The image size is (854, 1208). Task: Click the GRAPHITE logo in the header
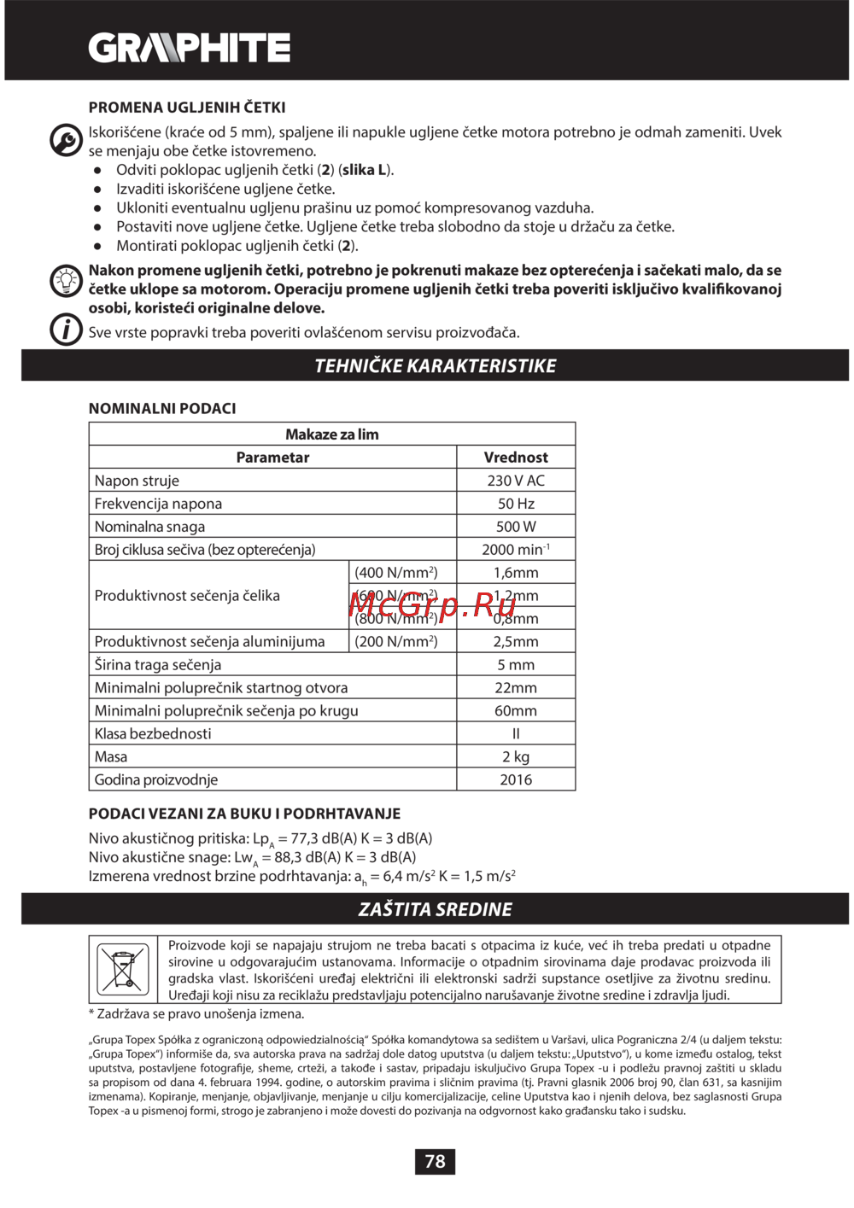coord(190,48)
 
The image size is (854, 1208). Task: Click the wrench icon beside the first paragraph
coord(66,140)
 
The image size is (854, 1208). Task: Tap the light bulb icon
coord(66,280)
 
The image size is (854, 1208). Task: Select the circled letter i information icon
coord(66,330)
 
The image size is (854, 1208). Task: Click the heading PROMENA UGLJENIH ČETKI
coord(187,108)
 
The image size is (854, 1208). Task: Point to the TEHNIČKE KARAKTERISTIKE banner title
coord(435,366)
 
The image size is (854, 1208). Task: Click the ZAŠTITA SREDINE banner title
coord(435,909)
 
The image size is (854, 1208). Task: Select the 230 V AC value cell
coord(516,481)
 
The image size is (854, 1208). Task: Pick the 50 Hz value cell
coord(516,504)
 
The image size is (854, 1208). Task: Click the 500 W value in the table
coord(516,527)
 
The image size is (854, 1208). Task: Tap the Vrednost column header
coord(516,458)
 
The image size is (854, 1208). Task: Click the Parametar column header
coord(272,458)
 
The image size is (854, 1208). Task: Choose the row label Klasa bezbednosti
coord(153,733)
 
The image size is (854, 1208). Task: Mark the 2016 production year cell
coord(516,779)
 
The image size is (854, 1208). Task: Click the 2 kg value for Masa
coord(516,756)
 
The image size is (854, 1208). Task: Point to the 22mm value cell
coord(516,687)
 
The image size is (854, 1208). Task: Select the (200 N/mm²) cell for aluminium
coord(396,641)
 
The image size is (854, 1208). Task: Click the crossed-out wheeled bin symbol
coord(123,969)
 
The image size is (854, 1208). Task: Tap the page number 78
coord(435,1161)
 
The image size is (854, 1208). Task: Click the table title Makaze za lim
coord(332,435)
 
